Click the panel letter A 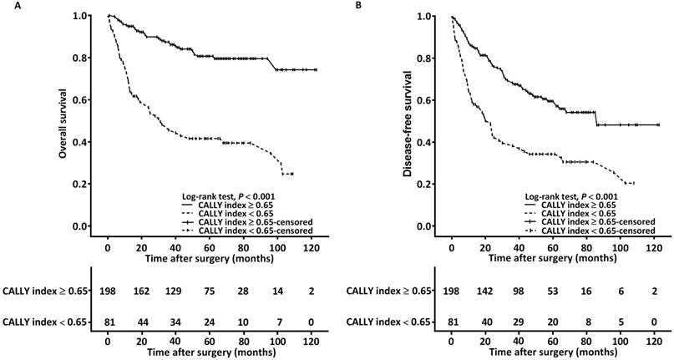click(7, 6)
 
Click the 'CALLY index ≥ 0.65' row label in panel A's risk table click(47, 291)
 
